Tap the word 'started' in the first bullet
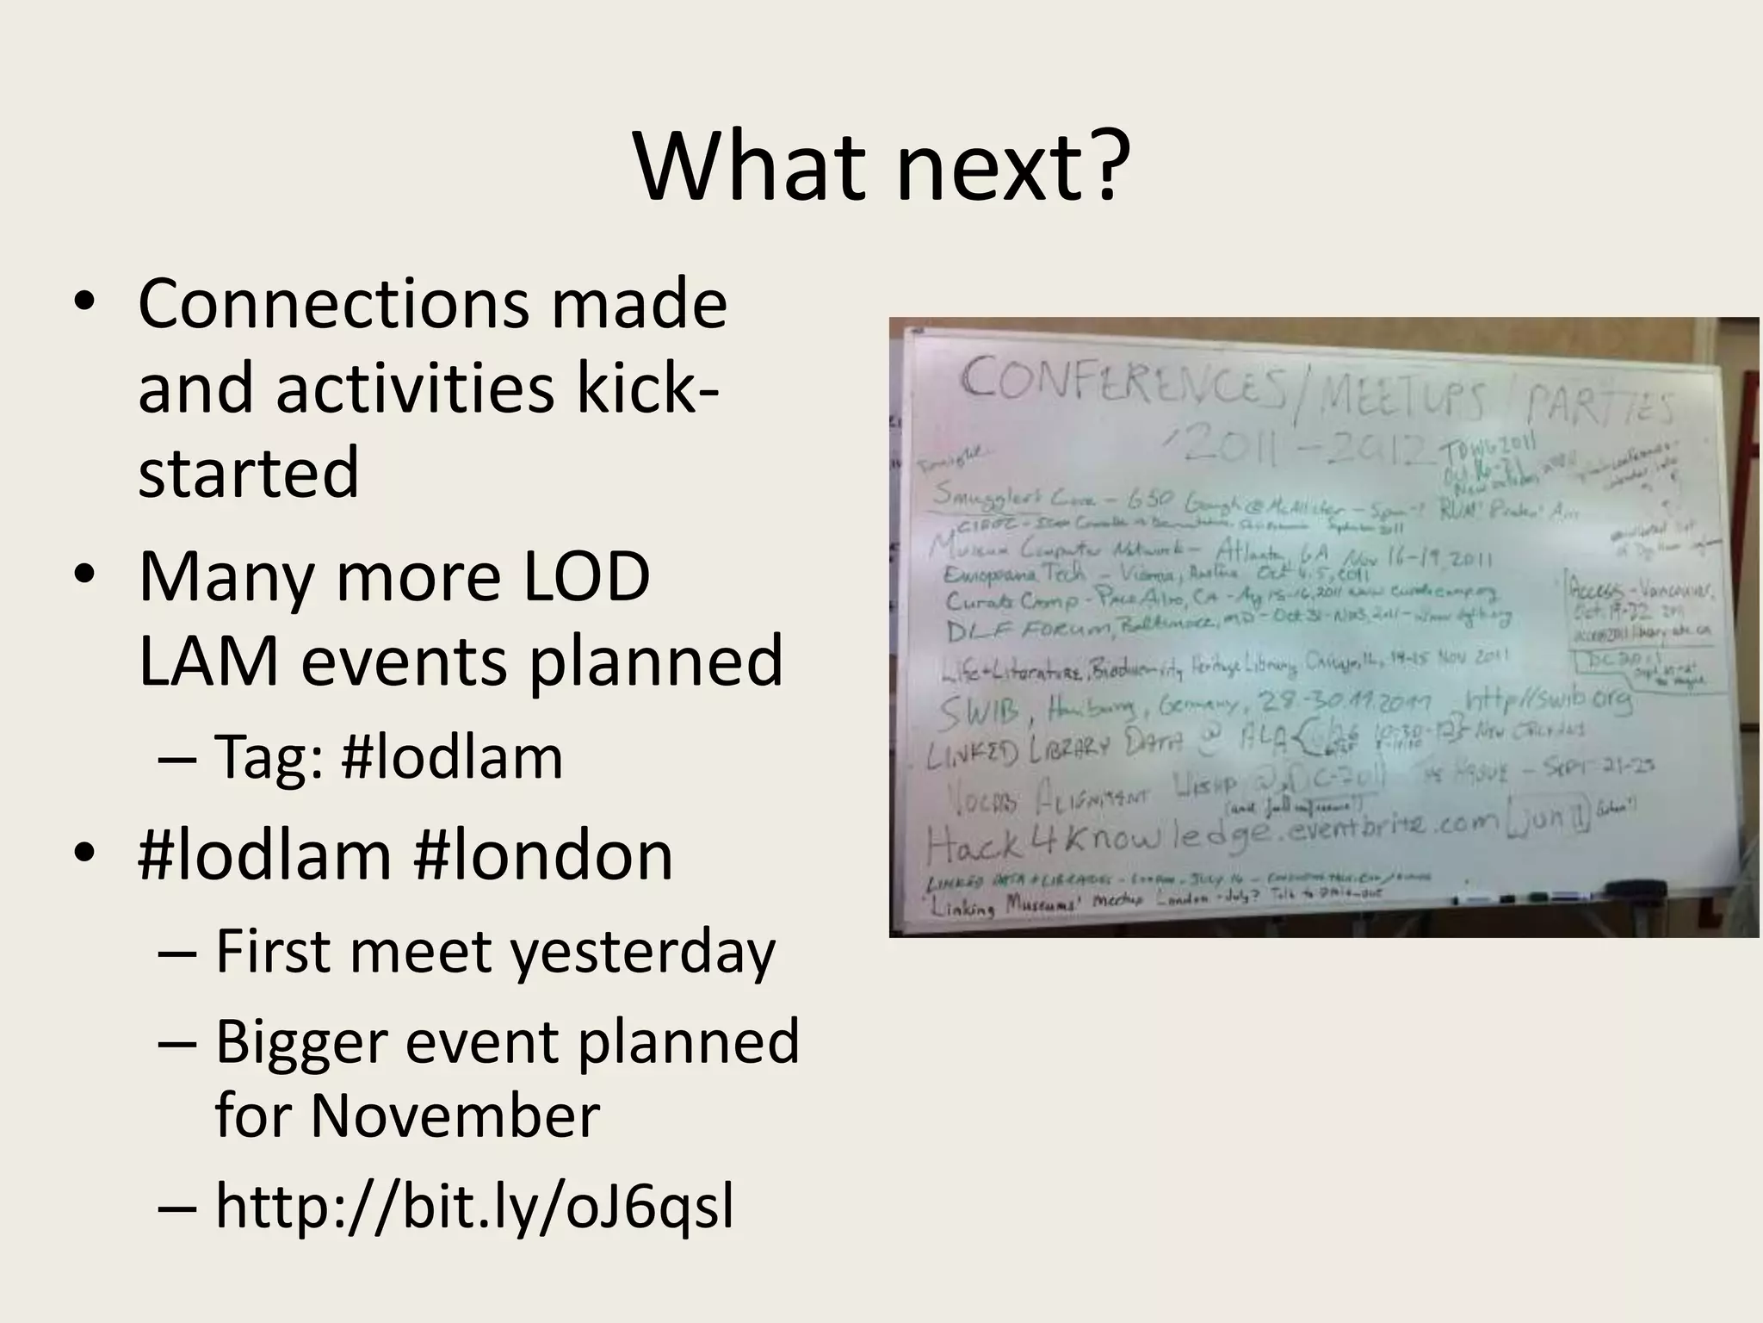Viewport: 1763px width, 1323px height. [x=248, y=472]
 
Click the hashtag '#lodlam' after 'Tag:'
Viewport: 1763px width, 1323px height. [x=452, y=758]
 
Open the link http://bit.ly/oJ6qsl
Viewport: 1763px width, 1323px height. [x=474, y=1206]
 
